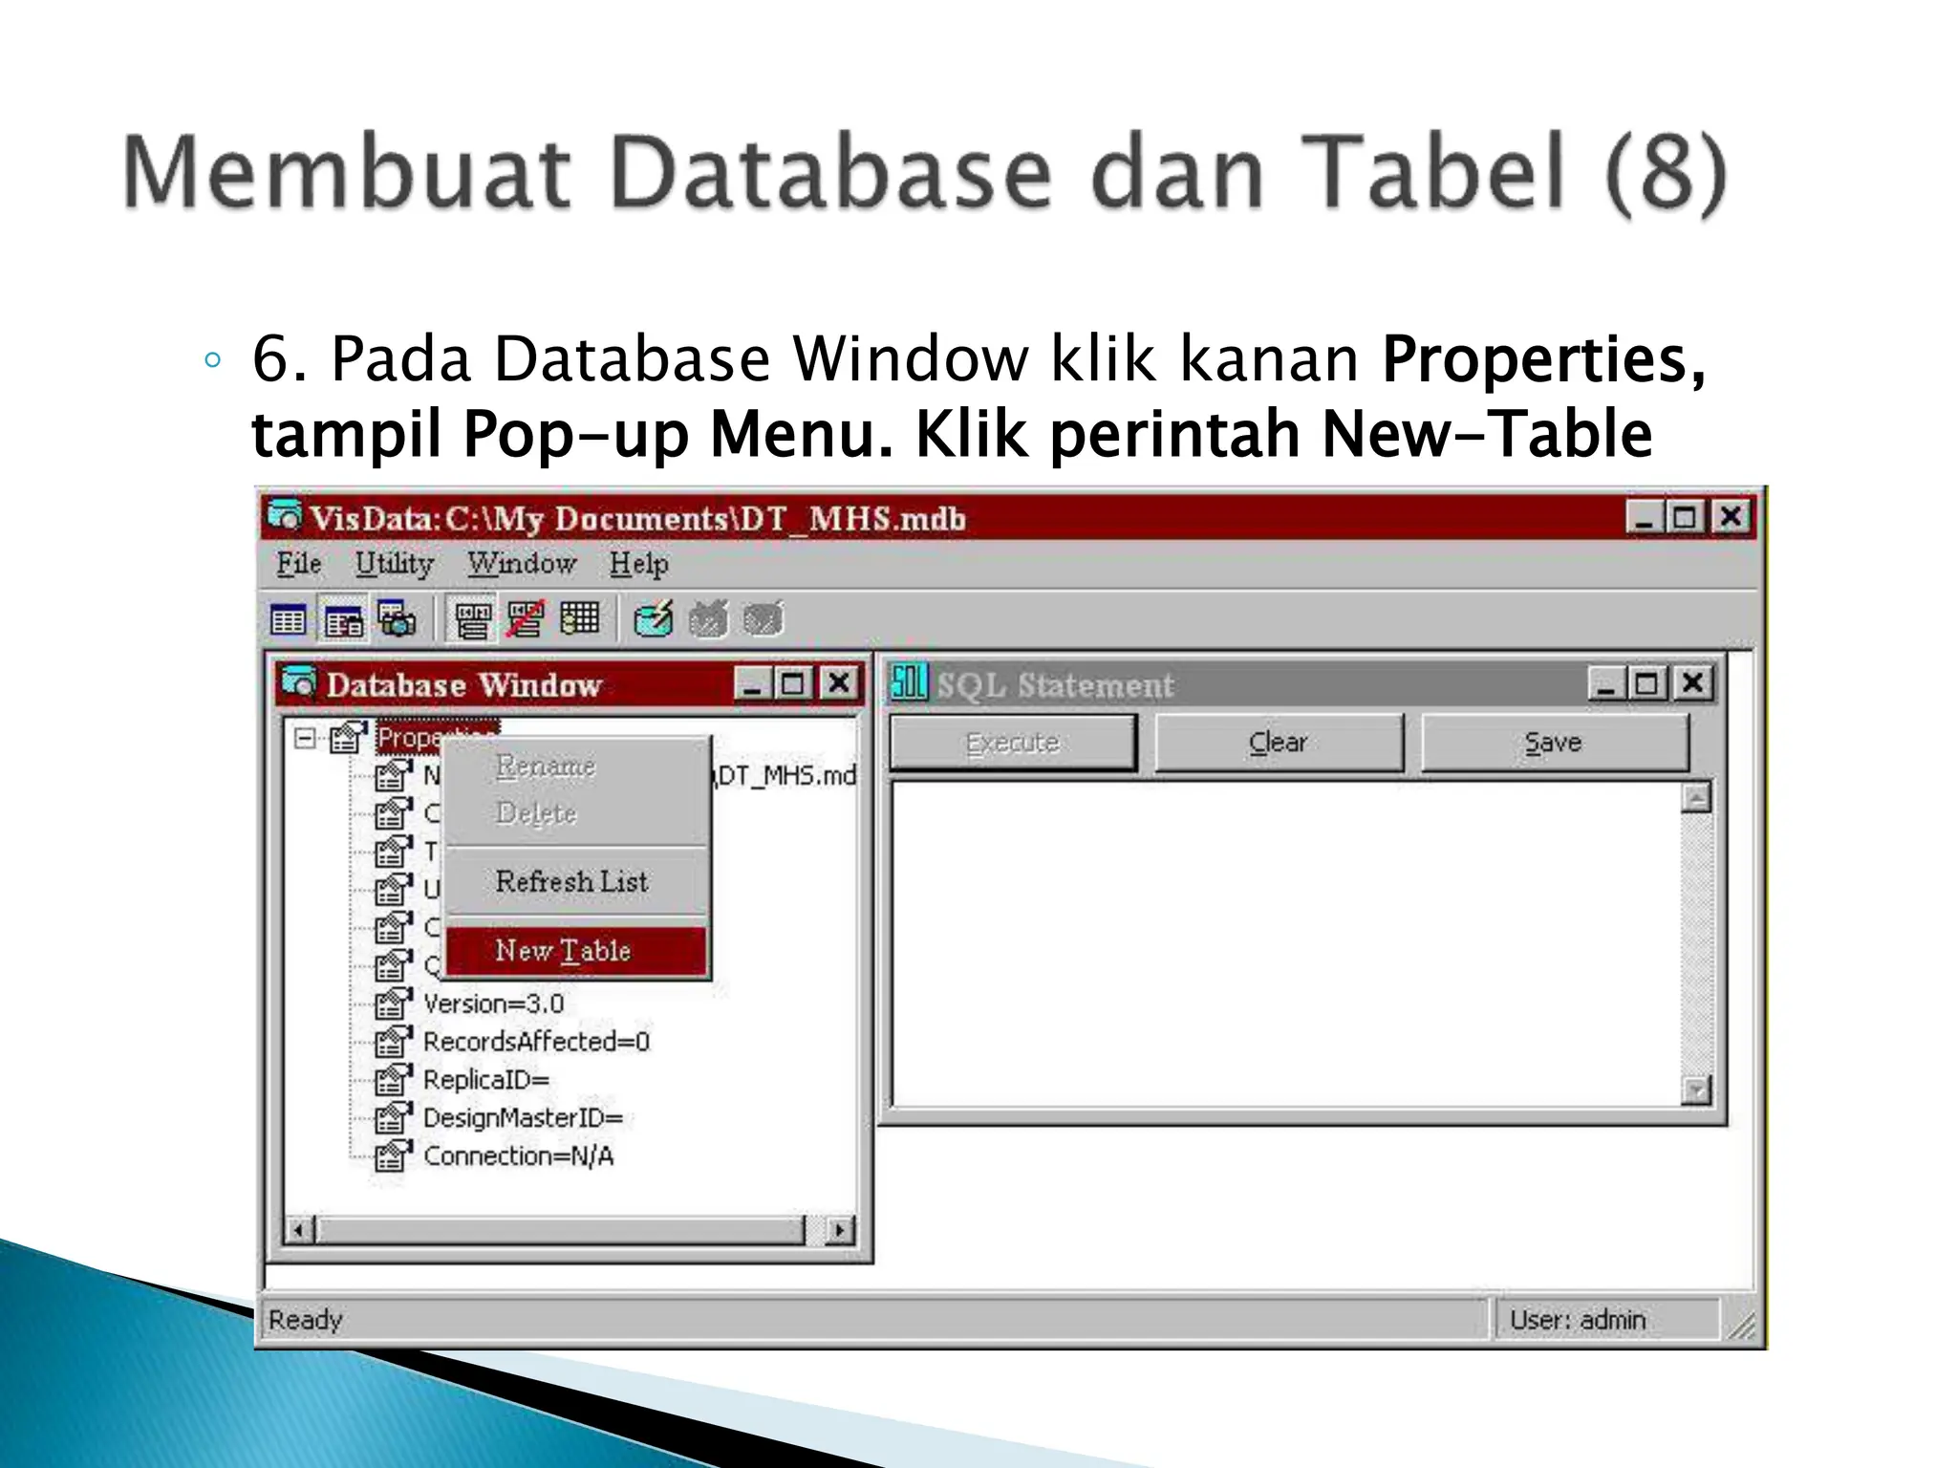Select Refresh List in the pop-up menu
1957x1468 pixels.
(x=571, y=881)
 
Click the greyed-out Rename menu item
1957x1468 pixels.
(x=546, y=766)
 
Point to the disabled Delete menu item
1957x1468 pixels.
(x=536, y=813)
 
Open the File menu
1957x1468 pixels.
(x=298, y=564)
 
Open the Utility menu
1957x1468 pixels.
(x=394, y=564)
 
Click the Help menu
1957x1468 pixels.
(x=638, y=564)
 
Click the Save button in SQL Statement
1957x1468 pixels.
(x=1554, y=743)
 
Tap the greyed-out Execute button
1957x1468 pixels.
(x=1013, y=743)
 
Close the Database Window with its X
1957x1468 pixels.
(x=838, y=683)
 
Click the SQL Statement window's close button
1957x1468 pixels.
(x=1691, y=683)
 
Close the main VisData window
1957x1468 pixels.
(x=1731, y=517)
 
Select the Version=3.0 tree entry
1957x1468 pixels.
(x=493, y=1004)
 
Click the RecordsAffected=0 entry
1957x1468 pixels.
(x=536, y=1042)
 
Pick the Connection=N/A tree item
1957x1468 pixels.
(x=518, y=1156)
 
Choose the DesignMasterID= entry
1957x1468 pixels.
(x=523, y=1118)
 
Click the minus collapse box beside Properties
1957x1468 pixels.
(x=305, y=738)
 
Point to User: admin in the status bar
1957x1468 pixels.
(x=1577, y=1320)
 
